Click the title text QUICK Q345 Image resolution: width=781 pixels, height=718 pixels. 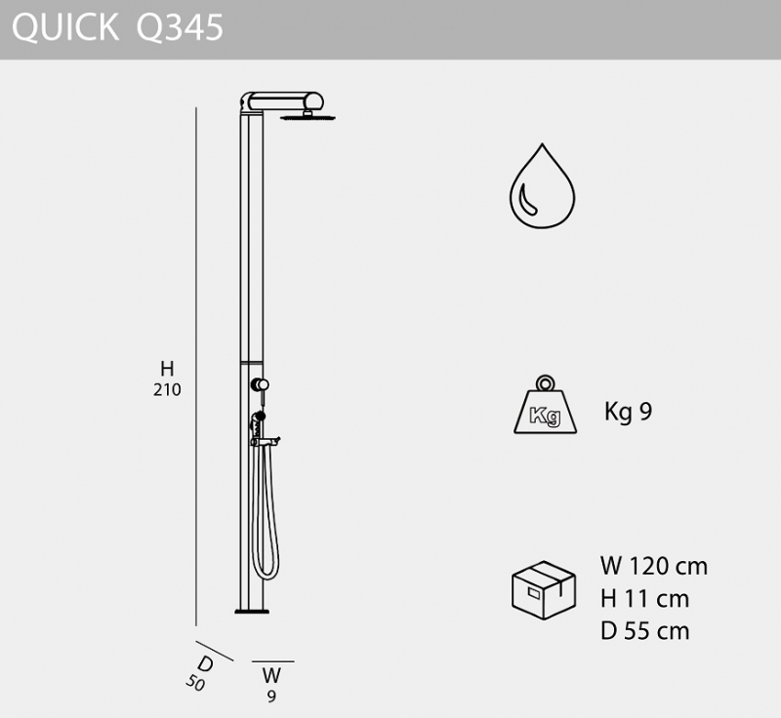[x=117, y=27]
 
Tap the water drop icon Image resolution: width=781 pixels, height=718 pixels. [x=542, y=186]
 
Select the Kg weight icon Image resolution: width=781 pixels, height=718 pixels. [x=546, y=405]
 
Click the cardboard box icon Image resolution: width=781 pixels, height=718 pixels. [x=544, y=590]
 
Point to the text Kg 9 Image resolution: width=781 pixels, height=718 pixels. [x=628, y=412]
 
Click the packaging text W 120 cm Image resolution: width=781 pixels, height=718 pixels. [x=653, y=566]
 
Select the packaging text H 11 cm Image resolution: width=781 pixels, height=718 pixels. [x=644, y=599]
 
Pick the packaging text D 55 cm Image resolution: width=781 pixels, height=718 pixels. [x=644, y=631]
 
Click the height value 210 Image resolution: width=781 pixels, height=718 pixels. [x=167, y=389]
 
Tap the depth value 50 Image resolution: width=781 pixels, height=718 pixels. [x=195, y=682]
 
